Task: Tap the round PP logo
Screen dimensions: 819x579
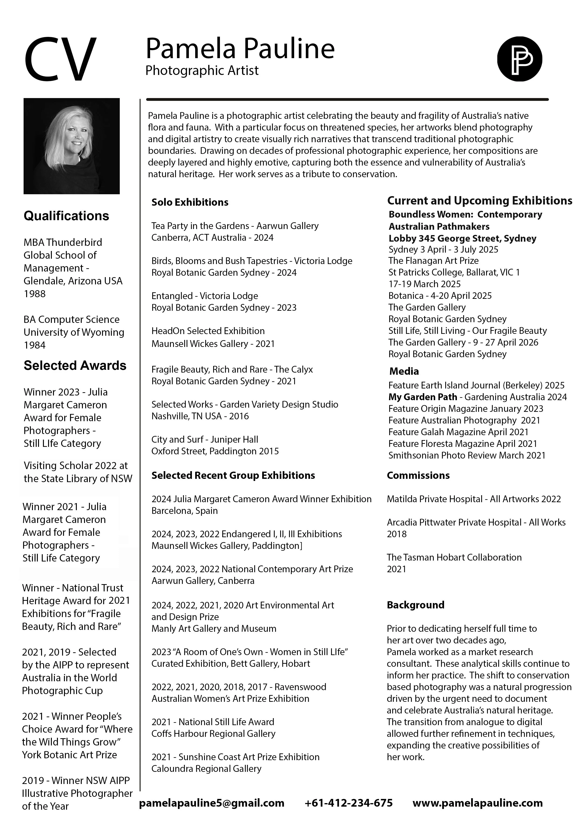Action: click(x=519, y=59)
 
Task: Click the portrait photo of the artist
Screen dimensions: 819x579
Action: click(x=71, y=146)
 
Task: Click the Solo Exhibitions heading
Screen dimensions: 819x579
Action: click(x=190, y=202)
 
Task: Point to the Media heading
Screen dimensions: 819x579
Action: click(x=404, y=371)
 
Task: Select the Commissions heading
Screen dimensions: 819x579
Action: click(x=418, y=476)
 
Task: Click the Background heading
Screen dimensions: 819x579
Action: click(x=416, y=605)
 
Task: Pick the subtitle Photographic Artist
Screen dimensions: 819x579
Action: click(x=202, y=71)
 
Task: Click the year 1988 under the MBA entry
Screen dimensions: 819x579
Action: click(x=35, y=294)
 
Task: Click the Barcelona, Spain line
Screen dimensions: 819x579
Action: click(x=184, y=511)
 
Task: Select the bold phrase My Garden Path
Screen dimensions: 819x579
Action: click(x=423, y=397)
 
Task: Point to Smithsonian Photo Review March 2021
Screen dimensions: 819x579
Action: click(x=467, y=455)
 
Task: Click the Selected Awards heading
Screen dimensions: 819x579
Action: click(x=75, y=366)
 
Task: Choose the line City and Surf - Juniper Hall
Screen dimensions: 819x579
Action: click(x=205, y=439)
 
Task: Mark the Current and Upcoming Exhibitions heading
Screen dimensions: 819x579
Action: click(x=480, y=201)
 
